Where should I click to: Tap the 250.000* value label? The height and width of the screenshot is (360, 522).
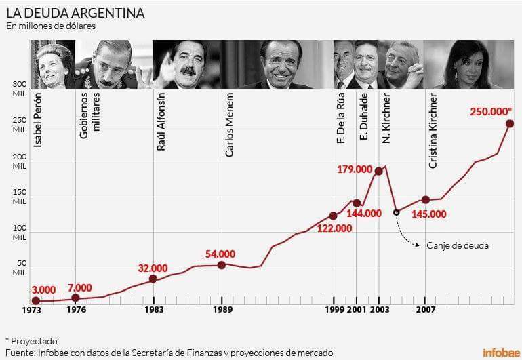491,111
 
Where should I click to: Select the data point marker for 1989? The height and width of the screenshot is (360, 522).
222,265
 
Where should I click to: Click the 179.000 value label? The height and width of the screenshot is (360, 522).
355,169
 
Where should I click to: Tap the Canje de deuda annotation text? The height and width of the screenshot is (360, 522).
457,245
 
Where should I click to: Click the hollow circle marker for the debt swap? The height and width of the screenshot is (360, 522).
397,212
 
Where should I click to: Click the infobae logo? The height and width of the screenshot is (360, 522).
500,353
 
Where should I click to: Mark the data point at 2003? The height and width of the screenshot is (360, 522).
378,171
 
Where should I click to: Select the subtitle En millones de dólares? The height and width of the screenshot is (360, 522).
51,26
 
